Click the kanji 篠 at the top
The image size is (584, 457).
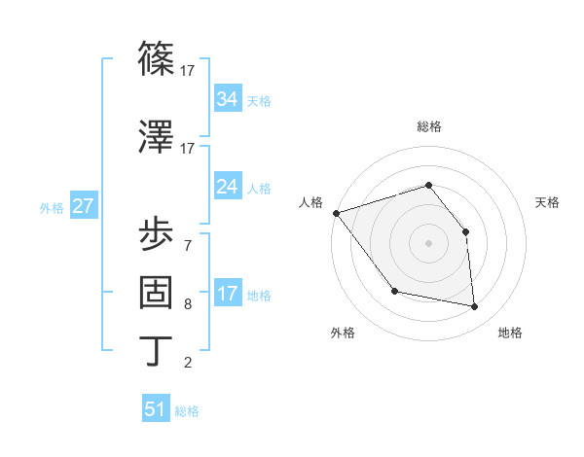(x=157, y=60)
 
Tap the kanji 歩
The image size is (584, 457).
(x=157, y=234)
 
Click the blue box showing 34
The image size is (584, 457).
(x=227, y=99)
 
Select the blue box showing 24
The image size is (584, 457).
(x=227, y=187)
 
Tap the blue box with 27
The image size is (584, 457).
(x=83, y=207)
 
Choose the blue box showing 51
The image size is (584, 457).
(x=156, y=409)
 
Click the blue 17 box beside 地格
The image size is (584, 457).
(x=227, y=295)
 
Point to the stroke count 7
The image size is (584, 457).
(x=187, y=245)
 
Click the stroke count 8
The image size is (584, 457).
(x=187, y=304)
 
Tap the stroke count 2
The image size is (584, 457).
(x=187, y=364)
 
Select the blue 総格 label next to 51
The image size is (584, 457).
(x=187, y=411)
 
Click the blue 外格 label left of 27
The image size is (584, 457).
(x=52, y=208)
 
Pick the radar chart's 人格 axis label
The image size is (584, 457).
(x=311, y=202)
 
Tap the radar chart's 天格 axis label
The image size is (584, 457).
(x=547, y=202)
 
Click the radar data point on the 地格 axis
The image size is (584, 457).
(x=475, y=307)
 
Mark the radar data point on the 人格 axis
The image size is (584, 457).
(x=336, y=213)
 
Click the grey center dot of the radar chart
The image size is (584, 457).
(x=428, y=243)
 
